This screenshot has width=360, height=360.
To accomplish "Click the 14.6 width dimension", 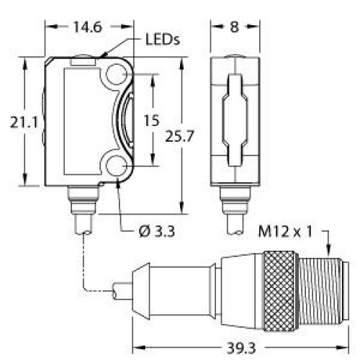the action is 88,27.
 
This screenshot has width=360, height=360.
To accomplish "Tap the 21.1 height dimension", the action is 24,123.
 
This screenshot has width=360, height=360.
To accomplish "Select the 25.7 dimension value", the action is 179,137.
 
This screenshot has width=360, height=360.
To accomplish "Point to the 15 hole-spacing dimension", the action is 151,120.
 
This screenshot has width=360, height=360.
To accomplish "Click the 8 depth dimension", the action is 235,27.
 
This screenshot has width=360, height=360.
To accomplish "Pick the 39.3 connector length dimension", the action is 241,348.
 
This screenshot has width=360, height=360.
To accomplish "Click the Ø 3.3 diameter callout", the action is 157,232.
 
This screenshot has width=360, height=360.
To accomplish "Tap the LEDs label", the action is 163,40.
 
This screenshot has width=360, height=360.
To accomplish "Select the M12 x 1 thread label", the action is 285,232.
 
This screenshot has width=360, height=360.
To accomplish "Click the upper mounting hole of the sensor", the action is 117,74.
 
